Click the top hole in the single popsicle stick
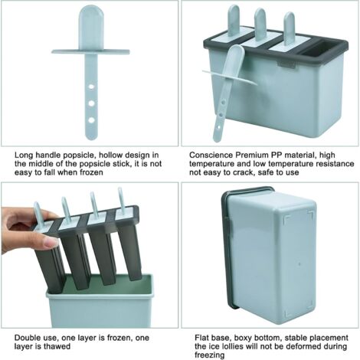[x=91, y=87]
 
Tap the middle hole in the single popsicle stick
[x=91, y=103]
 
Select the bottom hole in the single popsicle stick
[x=91, y=120]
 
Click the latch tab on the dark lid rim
[x=286, y=65]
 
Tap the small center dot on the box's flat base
[x=299, y=263]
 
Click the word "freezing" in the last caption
[x=210, y=355]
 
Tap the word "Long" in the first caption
[x=24, y=155]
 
